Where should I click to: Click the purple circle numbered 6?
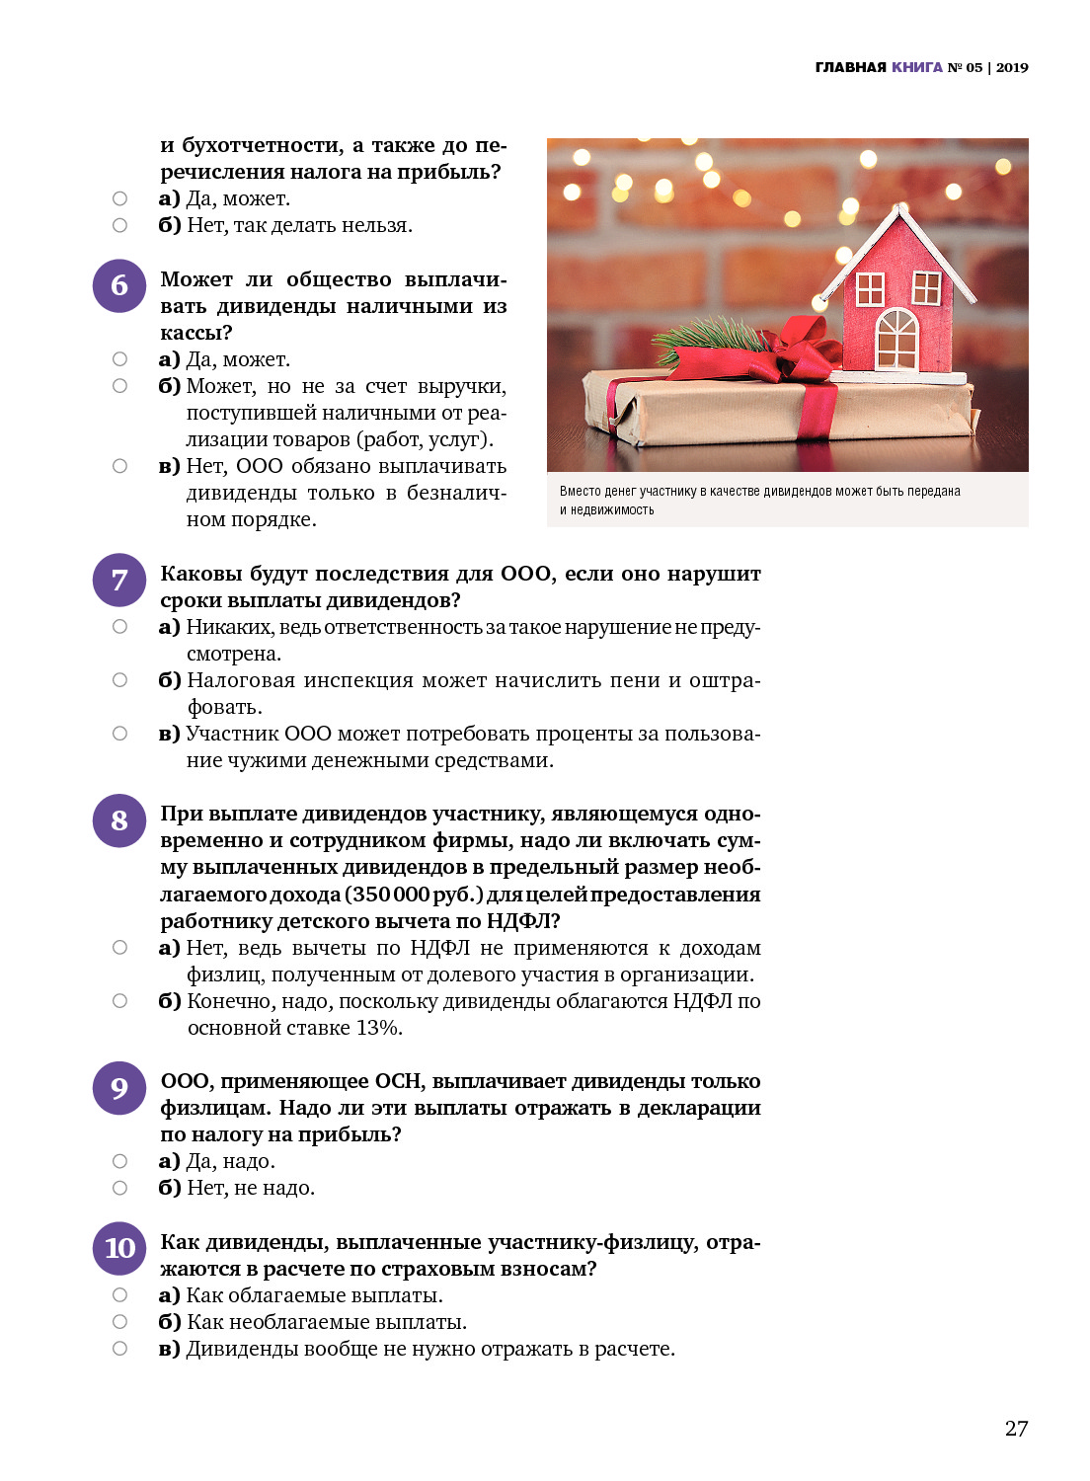click(119, 286)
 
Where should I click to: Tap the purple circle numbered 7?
click(119, 581)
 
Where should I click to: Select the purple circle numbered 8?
click(119, 820)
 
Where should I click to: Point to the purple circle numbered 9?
click(119, 1088)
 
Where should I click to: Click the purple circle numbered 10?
click(119, 1249)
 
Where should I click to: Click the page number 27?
click(1016, 1429)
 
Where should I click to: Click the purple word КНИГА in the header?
click(916, 67)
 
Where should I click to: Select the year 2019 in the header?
click(1012, 67)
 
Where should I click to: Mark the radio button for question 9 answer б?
click(119, 1188)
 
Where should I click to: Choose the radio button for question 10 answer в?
click(119, 1349)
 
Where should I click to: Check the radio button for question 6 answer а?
click(119, 359)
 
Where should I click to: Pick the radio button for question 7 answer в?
click(119, 734)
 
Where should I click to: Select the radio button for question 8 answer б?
click(119, 1001)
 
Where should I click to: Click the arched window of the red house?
click(896, 339)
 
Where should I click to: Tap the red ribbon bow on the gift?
click(805, 351)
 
